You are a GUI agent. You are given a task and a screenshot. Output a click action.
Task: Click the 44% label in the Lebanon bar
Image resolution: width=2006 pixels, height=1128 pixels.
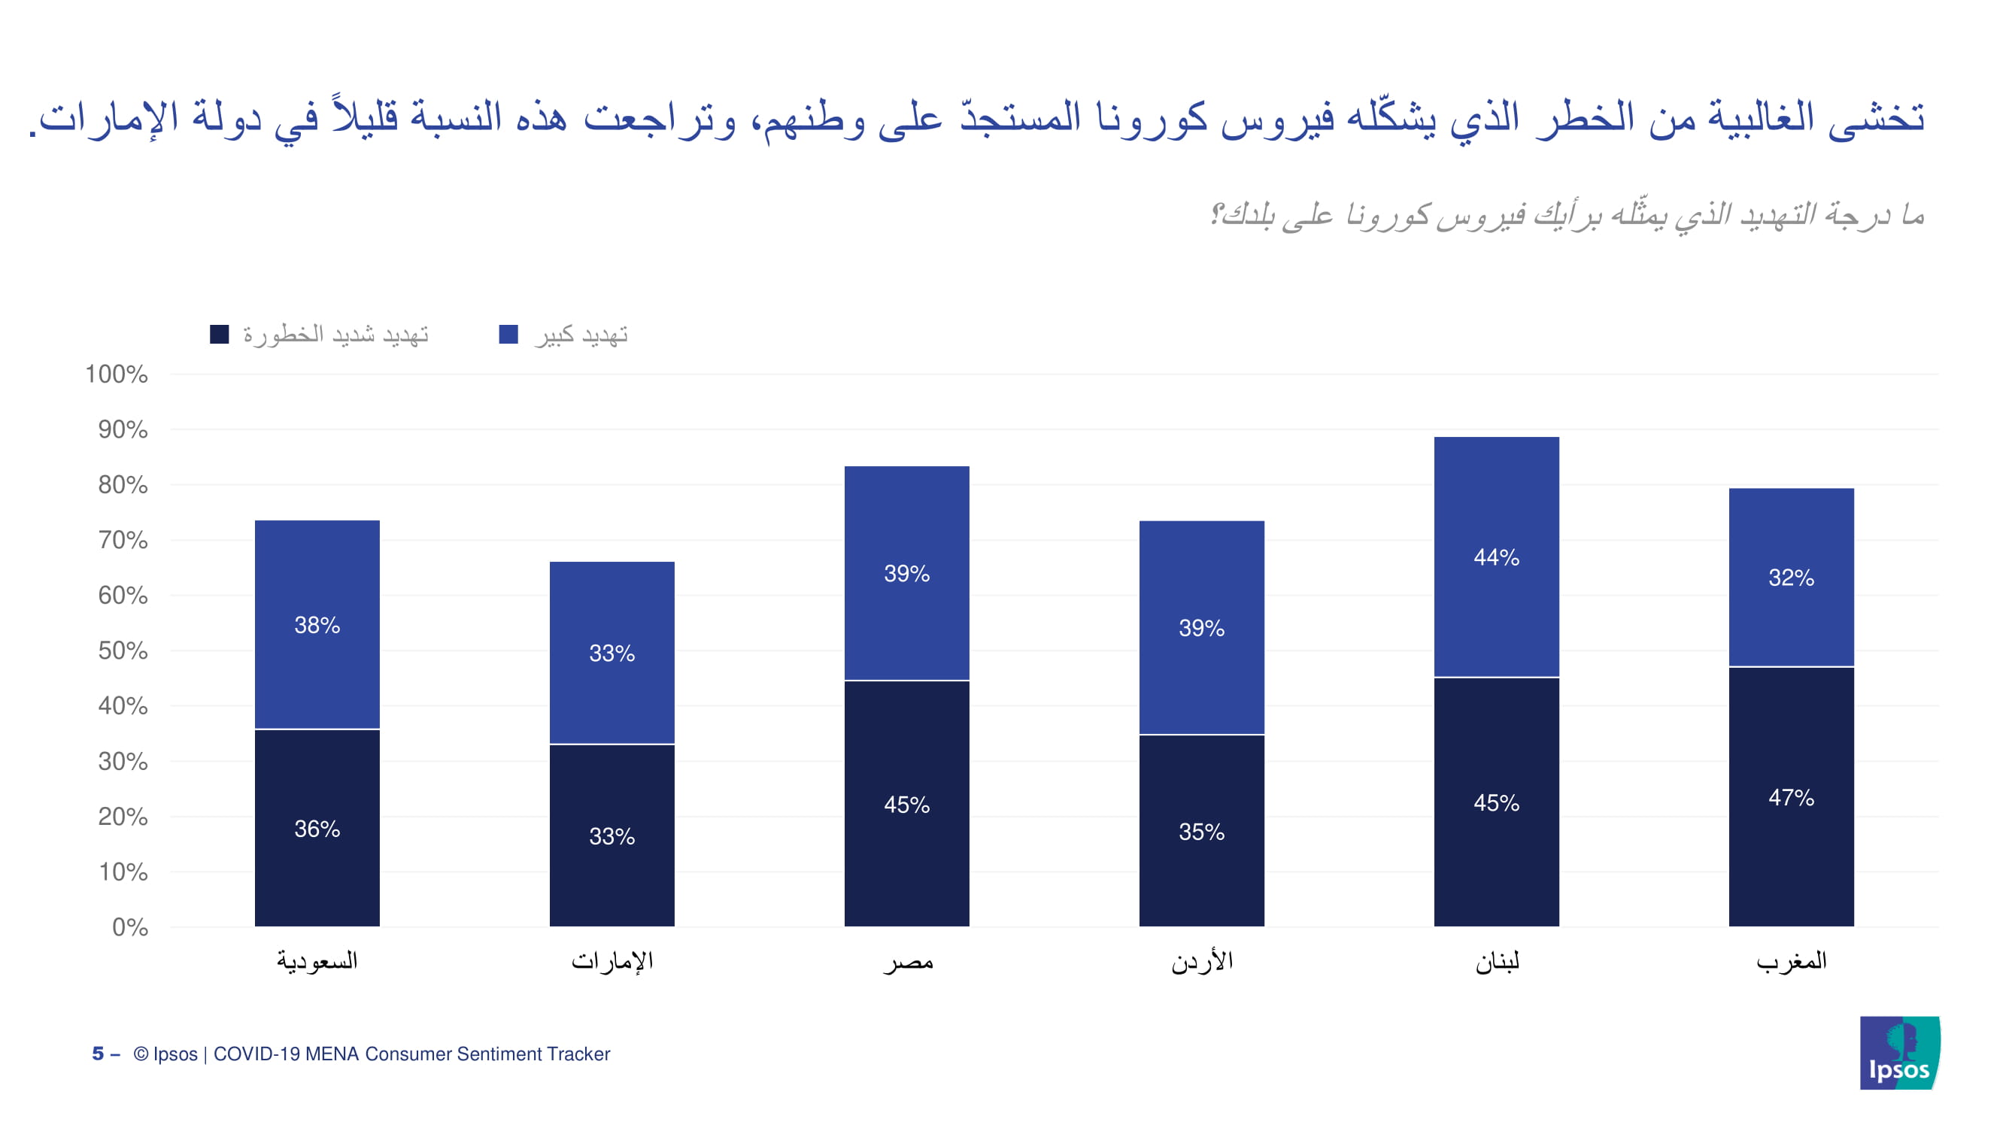click(x=1496, y=557)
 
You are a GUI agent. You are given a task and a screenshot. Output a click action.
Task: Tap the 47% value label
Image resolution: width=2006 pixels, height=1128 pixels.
click(x=1790, y=797)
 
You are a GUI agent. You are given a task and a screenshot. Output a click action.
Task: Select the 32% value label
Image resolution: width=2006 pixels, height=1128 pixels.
click(x=1790, y=578)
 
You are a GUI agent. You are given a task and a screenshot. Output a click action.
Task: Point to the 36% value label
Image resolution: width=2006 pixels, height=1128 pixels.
click(x=317, y=828)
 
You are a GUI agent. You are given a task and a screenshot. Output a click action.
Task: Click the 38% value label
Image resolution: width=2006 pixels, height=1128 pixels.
click(x=317, y=625)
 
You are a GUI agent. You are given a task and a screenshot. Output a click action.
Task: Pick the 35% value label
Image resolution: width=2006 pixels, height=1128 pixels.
click(x=1200, y=832)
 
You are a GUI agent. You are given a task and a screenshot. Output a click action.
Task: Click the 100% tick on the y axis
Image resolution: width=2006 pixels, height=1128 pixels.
click(x=116, y=374)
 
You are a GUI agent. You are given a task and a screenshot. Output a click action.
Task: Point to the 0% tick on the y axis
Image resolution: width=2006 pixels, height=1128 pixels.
click(x=129, y=926)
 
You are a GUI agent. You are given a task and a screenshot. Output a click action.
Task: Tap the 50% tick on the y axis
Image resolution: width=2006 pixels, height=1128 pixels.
click(x=123, y=650)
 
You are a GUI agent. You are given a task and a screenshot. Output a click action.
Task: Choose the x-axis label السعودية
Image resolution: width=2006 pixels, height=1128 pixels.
click(x=317, y=960)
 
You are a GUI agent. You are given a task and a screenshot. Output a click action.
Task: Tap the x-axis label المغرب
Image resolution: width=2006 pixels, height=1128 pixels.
click(x=1790, y=960)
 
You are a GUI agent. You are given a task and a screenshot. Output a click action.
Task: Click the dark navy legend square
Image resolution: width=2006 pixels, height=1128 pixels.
click(x=220, y=335)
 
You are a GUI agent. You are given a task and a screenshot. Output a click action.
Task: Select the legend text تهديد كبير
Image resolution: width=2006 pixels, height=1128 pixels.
click(x=581, y=335)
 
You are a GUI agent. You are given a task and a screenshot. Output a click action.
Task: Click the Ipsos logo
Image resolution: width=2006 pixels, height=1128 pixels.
click(x=1899, y=1053)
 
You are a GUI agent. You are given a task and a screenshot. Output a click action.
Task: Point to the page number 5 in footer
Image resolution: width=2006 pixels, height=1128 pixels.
click(x=97, y=1054)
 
